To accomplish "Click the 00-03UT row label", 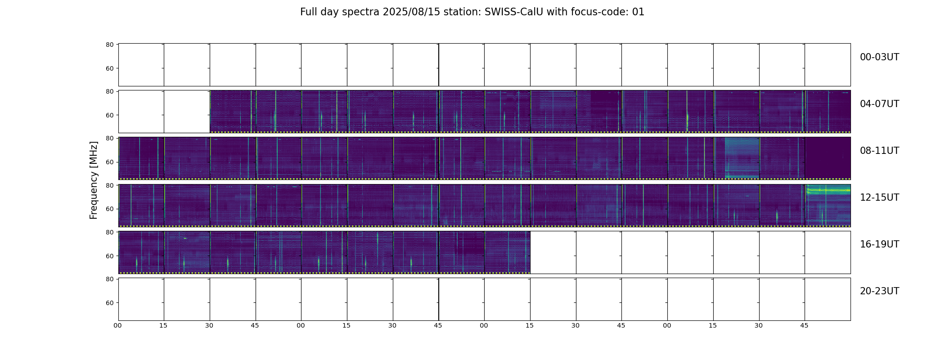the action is coord(879,57).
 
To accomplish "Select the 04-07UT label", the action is coord(879,104).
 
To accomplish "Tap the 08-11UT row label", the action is coord(879,151).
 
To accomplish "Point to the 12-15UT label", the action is coord(879,198).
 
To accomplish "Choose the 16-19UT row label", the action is coord(879,244).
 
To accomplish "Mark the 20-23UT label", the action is coord(879,291).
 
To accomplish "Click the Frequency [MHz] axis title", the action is coord(94,180).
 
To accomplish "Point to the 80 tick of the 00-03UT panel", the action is coord(109,45).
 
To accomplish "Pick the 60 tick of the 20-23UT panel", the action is coord(109,303).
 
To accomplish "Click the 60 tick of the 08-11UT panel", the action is coord(109,162).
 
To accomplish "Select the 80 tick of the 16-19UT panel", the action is coord(109,232).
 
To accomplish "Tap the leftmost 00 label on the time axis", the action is coord(117,325).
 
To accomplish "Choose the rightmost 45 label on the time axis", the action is coord(804,325).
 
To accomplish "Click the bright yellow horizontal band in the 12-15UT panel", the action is coord(828,190).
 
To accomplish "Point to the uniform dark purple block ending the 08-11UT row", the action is coord(828,157).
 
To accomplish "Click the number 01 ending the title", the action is coord(639,12).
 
